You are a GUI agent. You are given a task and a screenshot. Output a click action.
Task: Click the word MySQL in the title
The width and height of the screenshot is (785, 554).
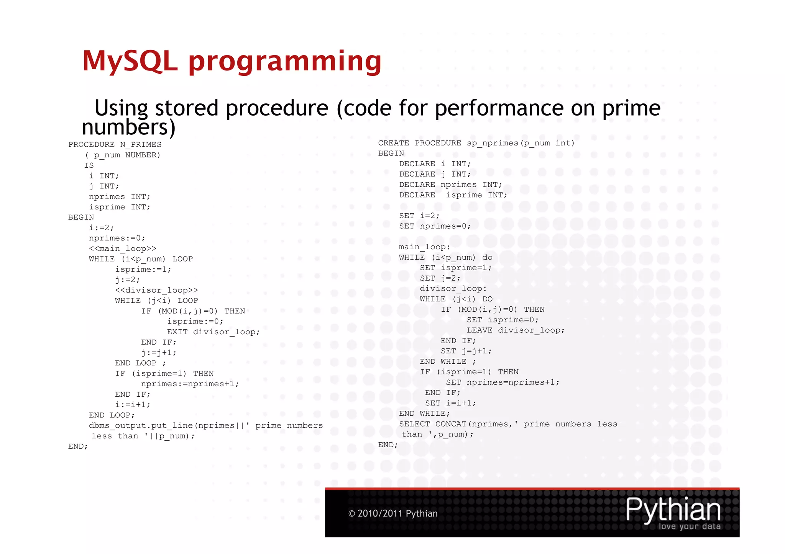pos(130,61)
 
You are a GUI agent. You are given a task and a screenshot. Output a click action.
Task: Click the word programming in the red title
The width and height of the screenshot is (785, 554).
pos(285,62)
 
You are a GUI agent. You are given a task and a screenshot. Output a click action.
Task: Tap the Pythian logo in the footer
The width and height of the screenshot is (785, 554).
pos(673,510)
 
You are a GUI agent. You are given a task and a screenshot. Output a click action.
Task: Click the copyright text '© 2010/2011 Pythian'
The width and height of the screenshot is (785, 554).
pos(392,513)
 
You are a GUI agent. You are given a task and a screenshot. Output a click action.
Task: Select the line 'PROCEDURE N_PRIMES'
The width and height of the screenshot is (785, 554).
pos(115,145)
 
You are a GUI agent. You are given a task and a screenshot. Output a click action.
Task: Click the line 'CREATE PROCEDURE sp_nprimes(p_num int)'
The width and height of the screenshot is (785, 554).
pos(476,143)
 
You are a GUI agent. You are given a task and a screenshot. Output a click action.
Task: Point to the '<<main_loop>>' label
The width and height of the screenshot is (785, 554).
pos(122,248)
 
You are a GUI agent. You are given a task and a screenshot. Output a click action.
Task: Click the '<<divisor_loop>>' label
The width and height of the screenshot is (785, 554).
pos(156,290)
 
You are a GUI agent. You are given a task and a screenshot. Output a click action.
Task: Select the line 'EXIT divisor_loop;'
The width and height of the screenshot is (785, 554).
pos(213,332)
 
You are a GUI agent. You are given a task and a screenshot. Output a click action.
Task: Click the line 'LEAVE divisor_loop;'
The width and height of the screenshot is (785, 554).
pos(515,330)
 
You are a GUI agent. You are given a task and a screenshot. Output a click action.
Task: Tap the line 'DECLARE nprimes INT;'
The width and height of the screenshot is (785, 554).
pos(450,185)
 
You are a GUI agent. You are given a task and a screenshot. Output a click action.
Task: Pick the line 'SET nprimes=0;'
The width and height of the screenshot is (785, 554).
pos(435,226)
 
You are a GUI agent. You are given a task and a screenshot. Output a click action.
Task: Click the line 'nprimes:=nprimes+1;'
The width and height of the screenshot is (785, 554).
pos(190,384)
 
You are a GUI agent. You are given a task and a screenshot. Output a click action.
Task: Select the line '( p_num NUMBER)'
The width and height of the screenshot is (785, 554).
pos(122,155)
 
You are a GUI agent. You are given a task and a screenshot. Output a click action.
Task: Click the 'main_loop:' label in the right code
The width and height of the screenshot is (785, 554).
pos(424,247)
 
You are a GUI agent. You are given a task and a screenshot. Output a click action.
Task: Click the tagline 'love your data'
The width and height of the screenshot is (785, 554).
pos(689,526)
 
